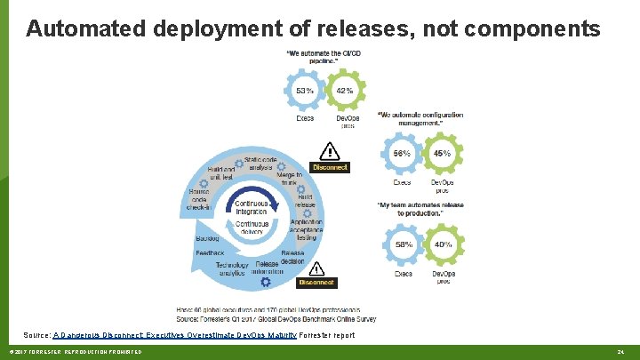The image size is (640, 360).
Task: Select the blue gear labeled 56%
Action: pyautogui.click(x=403, y=153)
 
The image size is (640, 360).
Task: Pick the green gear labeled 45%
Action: pyautogui.click(x=442, y=153)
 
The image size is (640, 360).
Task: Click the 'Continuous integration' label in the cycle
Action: pyautogui.click(x=252, y=206)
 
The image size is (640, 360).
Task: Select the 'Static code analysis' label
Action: pyautogui.click(x=261, y=163)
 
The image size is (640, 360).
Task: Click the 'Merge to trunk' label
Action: pyautogui.click(x=289, y=180)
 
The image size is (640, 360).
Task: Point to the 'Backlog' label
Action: pyautogui.click(x=207, y=238)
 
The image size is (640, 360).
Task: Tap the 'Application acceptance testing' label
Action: pyautogui.click(x=306, y=230)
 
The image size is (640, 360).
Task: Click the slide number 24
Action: pyautogui.click(x=621, y=354)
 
